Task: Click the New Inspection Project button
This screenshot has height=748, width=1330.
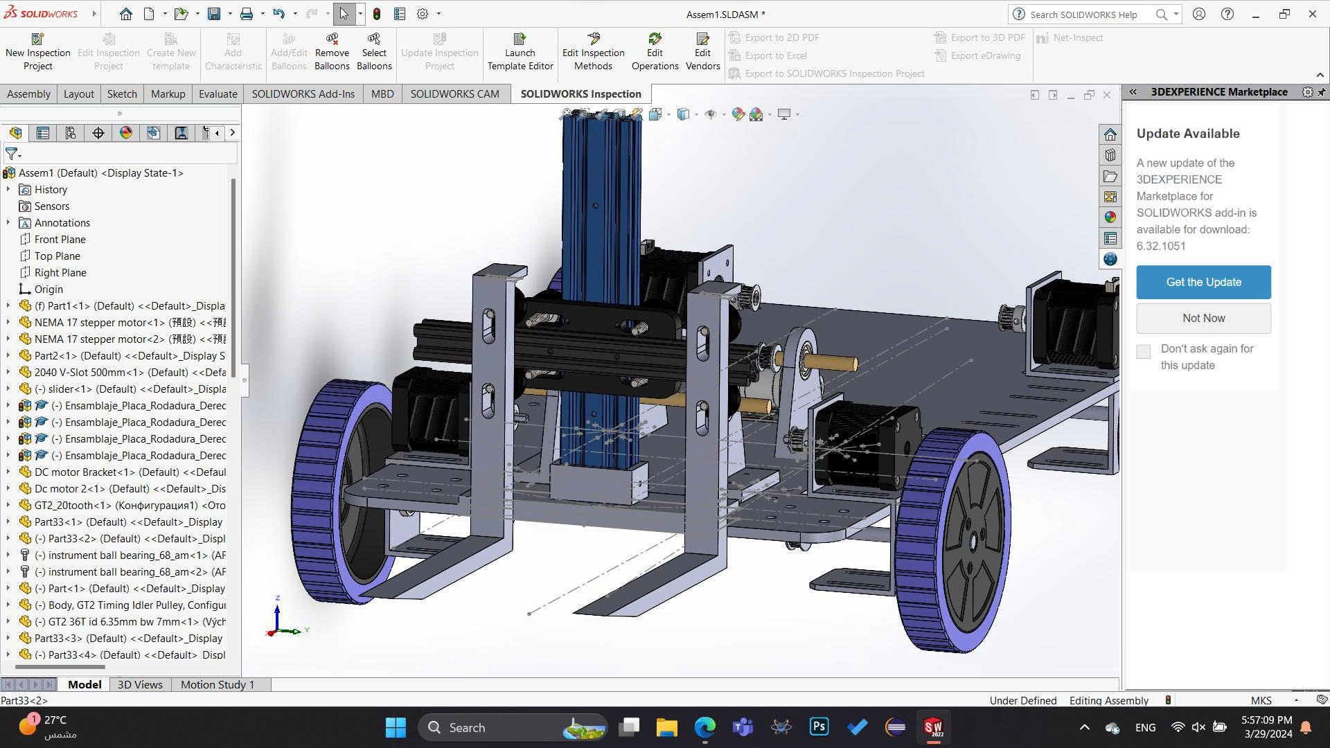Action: tap(37, 52)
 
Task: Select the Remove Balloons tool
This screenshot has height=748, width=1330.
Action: tap(332, 52)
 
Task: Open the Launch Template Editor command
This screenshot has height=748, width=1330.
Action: tap(520, 52)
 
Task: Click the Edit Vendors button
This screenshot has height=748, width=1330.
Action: tap(702, 52)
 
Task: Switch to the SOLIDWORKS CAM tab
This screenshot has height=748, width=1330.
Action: tap(454, 93)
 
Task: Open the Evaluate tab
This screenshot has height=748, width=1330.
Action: tap(218, 93)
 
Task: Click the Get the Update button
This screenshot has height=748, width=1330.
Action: tap(1203, 282)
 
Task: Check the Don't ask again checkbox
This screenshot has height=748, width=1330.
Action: tap(1144, 352)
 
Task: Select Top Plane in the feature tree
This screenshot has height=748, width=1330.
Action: tap(57, 256)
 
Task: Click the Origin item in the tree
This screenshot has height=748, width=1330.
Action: tap(48, 289)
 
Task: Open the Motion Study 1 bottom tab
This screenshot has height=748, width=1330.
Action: tap(217, 684)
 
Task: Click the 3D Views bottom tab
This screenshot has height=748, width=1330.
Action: tap(140, 684)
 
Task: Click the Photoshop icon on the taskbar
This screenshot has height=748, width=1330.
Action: tap(819, 727)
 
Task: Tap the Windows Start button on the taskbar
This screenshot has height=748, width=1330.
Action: tap(396, 727)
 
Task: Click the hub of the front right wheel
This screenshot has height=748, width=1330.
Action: tap(973, 540)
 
